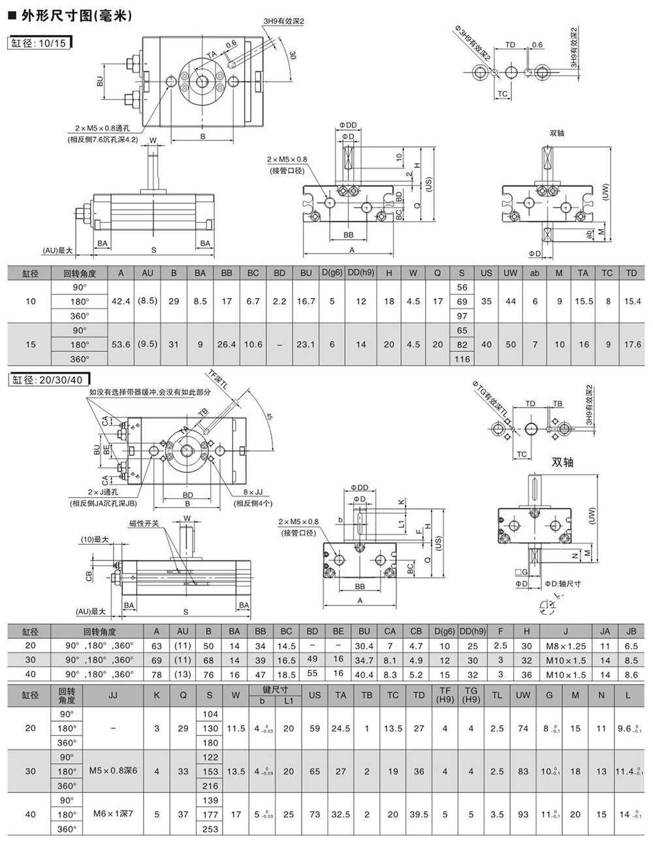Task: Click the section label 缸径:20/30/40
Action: click(48, 380)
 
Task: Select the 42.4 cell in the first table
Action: click(121, 301)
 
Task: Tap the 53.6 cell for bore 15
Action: click(121, 344)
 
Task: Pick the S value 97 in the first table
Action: click(462, 316)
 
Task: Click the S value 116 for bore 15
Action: click(462, 359)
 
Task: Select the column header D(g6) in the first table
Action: click(332, 272)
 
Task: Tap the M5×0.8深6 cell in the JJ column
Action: click(113, 771)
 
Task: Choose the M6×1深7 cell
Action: click(113, 815)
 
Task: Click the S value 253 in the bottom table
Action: click(210, 829)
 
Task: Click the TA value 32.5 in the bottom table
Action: click(340, 815)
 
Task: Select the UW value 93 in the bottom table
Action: click(523, 815)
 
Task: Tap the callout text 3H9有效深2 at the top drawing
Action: click(284, 22)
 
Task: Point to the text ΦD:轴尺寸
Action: click(563, 583)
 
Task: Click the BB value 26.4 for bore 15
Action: click(227, 344)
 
